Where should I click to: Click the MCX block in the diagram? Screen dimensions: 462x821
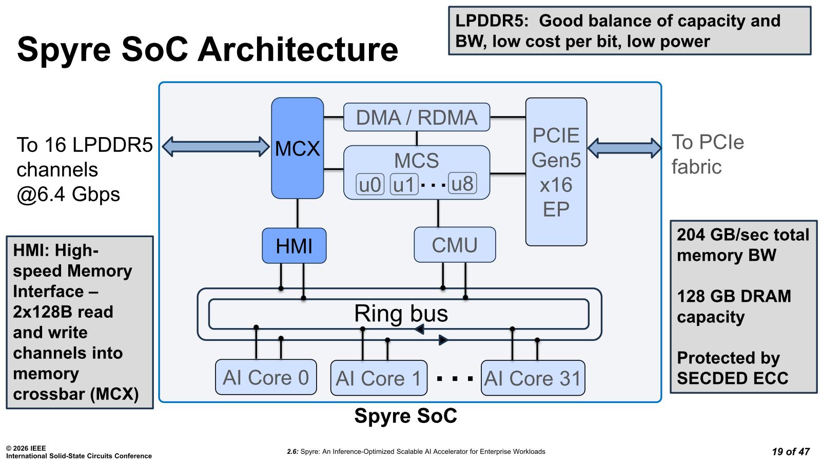[x=297, y=148]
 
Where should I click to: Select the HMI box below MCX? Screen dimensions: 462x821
[x=294, y=246]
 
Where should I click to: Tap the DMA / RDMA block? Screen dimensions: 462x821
[x=416, y=118]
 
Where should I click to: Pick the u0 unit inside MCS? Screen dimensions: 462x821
[x=370, y=184]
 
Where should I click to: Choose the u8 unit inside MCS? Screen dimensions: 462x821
[x=462, y=183]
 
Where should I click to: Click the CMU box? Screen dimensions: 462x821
[x=455, y=245]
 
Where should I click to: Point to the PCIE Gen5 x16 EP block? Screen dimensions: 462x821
[x=556, y=172]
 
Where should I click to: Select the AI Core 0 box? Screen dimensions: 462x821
[x=266, y=377]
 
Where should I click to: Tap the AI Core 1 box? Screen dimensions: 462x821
[x=379, y=378]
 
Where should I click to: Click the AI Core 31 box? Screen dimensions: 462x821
[x=533, y=378]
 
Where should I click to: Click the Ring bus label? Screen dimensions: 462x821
[x=401, y=314]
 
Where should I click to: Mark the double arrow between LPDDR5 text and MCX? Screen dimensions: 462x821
[x=216, y=146]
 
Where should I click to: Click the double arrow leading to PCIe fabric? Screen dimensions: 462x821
[x=624, y=148]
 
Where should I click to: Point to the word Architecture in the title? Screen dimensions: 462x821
[x=298, y=49]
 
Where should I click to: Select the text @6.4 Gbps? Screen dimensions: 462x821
[x=68, y=195]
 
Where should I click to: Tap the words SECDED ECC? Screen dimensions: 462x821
[x=732, y=378]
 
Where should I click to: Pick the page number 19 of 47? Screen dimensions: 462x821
[x=790, y=452]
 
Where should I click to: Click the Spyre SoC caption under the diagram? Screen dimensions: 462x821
[x=405, y=416]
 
